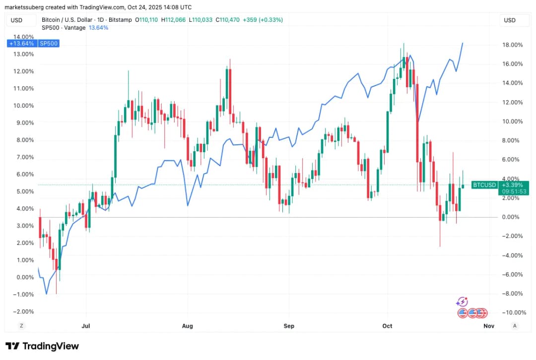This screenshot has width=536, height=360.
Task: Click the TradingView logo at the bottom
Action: pos(42,346)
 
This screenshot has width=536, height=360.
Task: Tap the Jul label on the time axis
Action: pos(86,326)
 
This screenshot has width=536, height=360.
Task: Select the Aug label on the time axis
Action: pos(187,326)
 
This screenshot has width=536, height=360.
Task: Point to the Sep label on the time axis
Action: pos(289,326)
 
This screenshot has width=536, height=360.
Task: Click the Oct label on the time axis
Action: pos(387,326)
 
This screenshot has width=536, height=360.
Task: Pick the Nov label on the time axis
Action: pos(489,326)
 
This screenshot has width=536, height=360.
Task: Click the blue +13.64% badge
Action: pos(21,43)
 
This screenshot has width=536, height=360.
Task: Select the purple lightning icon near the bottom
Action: pos(462,301)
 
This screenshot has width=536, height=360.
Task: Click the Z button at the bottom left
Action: pos(21,326)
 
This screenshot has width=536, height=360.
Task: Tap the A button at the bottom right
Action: pos(515,326)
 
